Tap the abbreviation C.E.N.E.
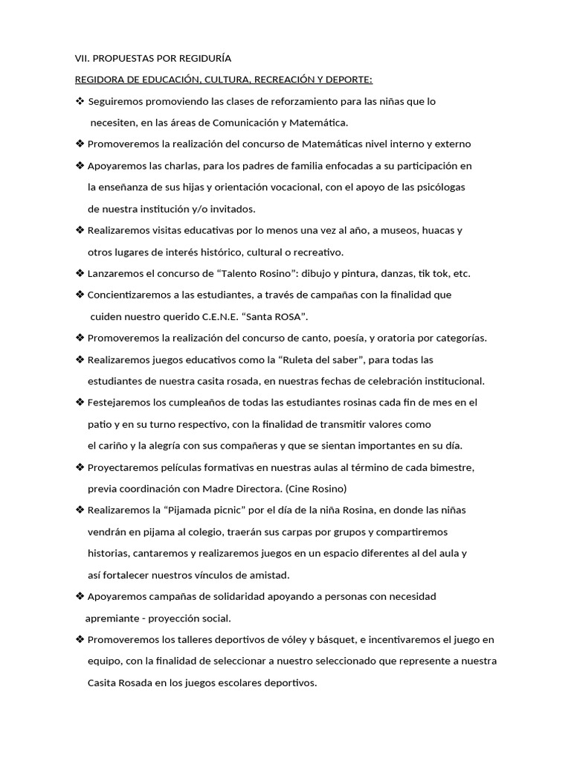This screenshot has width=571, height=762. coord(204,317)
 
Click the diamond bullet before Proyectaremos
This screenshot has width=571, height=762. coord(80,467)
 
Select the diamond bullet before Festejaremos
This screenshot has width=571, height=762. coord(80,403)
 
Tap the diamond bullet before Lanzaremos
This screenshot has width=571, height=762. coord(80,273)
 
